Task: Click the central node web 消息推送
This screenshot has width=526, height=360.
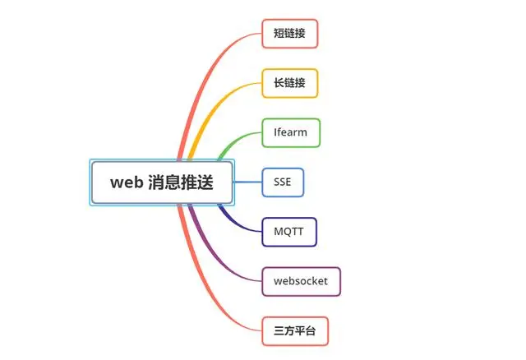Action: pos(162,182)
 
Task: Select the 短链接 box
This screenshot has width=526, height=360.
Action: pos(290,34)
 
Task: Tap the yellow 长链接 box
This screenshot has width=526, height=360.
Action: pos(290,83)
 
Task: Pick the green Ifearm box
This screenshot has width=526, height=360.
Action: pos(291,132)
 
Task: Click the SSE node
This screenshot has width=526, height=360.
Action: pos(283,182)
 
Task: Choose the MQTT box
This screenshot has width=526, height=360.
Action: pos(289,232)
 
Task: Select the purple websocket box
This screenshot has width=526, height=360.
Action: pos(302,281)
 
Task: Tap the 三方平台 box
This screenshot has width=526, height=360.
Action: pos(295,331)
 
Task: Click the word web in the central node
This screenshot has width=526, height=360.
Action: pos(127,182)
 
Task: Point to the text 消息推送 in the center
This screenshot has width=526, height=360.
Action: pos(181,182)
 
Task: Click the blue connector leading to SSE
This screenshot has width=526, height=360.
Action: pos(247,182)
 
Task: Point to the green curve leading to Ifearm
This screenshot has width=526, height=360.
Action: pos(235,141)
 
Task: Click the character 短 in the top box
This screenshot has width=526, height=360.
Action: pos(279,34)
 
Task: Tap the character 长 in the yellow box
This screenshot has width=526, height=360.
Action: pos(279,83)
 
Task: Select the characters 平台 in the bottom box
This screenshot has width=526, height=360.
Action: pos(305,331)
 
